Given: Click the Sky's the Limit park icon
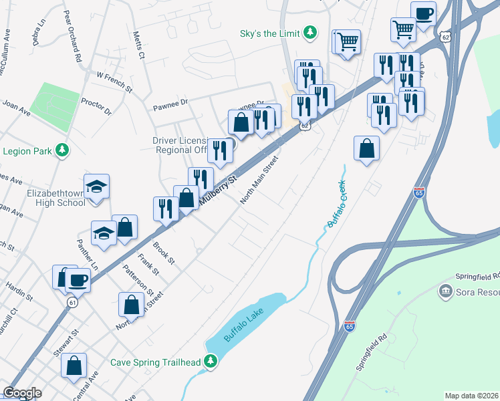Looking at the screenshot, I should pos(309,32).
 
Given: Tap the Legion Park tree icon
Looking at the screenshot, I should pos(62,150).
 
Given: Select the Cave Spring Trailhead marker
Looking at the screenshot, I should pos(211,362).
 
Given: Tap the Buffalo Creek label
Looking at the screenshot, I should pos(337,204).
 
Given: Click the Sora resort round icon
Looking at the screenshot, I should pos(445,292).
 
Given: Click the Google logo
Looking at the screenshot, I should pos(22,393).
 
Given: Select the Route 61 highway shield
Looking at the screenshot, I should pos(72,302).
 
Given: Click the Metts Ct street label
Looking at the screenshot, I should pos(138,45).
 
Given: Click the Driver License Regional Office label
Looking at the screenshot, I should pos(180,145).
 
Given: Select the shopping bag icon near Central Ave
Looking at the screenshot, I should pos(74,366).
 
